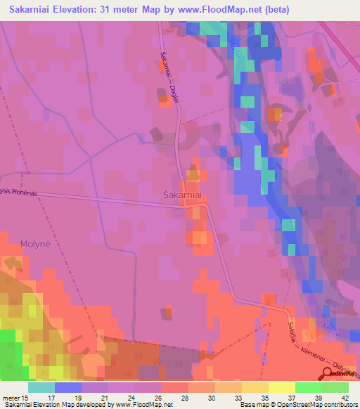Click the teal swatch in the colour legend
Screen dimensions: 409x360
41,387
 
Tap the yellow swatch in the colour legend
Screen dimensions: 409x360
282,387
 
